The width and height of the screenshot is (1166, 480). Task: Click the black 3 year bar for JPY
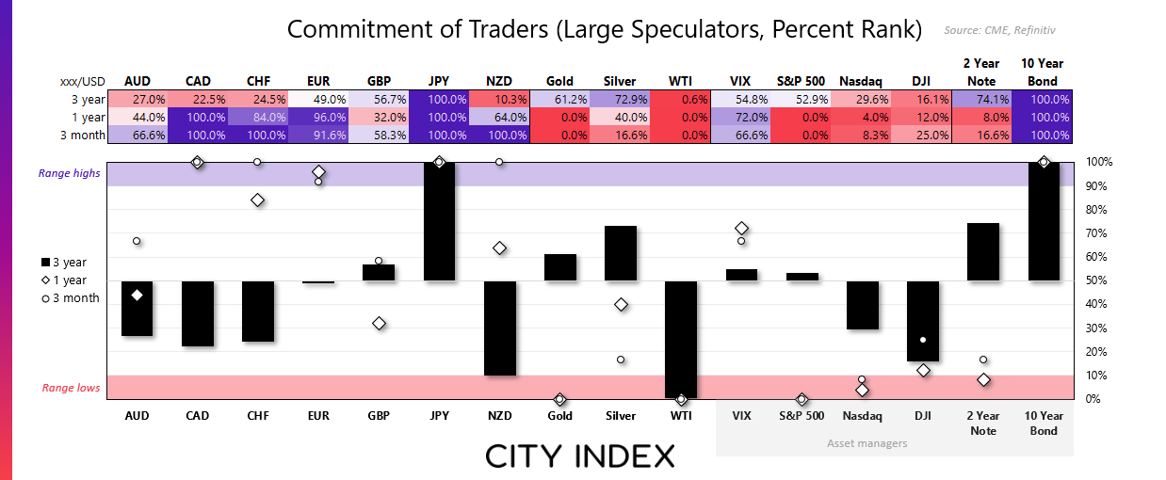coord(439,221)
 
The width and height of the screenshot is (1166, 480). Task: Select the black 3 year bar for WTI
coord(681,339)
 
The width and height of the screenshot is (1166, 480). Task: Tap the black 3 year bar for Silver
coord(621,253)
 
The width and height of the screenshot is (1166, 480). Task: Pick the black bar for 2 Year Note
coord(983,251)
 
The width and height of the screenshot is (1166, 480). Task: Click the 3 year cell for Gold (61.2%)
coord(559,99)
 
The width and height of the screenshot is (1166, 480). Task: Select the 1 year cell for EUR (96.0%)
coord(318,117)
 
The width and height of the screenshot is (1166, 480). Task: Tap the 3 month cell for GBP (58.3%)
coord(379,135)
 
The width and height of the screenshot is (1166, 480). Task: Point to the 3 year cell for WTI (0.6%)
coord(681,99)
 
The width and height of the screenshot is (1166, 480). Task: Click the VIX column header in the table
coord(741,81)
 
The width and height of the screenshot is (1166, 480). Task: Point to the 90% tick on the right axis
coord(1099,185)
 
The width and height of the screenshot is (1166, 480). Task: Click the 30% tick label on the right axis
coord(1099,328)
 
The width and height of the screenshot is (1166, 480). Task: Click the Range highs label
coord(68,173)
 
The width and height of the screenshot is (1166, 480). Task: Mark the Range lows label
coord(70,387)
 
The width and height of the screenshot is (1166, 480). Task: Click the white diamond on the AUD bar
coord(138,295)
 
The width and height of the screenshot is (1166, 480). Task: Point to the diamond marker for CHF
coord(257,200)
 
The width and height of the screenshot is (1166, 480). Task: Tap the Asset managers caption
coord(867,442)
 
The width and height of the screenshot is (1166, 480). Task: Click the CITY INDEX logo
coord(580,456)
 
